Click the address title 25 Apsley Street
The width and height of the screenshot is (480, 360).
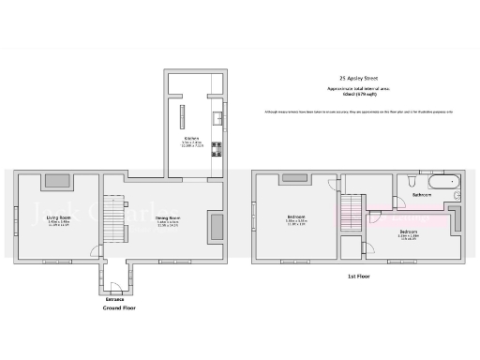[x=356, y=79]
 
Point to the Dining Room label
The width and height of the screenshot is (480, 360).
[x=168, y=220]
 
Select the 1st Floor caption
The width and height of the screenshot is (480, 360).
[x=356, y=277]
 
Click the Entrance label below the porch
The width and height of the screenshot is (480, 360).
[x=114, y=299]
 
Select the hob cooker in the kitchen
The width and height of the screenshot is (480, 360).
[x=217, y=147]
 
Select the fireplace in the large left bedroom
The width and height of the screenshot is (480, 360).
[x=293, y=176]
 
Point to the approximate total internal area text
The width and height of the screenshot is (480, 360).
[x=356, y=91]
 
